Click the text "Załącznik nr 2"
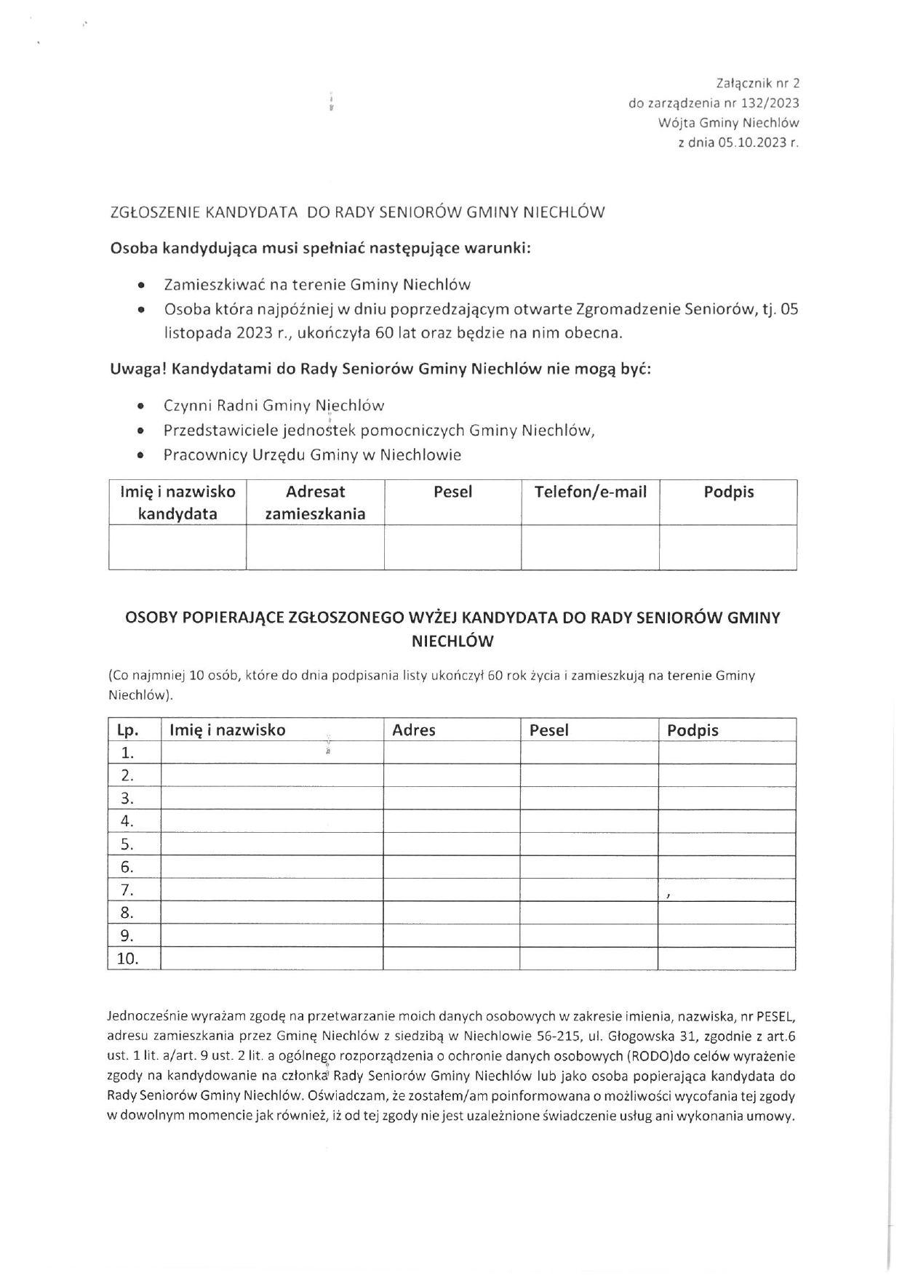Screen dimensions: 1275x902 [x=757, y=84]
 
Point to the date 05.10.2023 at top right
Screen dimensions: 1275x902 [x=752, y=143]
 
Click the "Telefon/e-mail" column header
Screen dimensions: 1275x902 [x=590, y=492]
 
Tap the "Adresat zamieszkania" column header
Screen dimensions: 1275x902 [x=315, y=503]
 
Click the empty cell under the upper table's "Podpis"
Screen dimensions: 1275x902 [x=727, y=547]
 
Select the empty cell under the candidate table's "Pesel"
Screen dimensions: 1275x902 [x=452, y=547]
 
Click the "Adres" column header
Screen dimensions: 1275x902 [x=414, y=730]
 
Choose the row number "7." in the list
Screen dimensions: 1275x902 [x=127, y=890]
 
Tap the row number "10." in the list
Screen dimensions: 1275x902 [x=127, y=959]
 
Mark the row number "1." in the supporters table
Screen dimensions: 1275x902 [x=127, y=753]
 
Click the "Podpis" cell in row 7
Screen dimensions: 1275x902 [x=726, y=890]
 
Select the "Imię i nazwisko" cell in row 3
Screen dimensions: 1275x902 [x=271, y=799]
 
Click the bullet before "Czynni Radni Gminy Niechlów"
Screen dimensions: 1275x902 [x=140, y=407]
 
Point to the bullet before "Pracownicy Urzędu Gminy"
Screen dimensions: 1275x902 [x=140, y=456]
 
